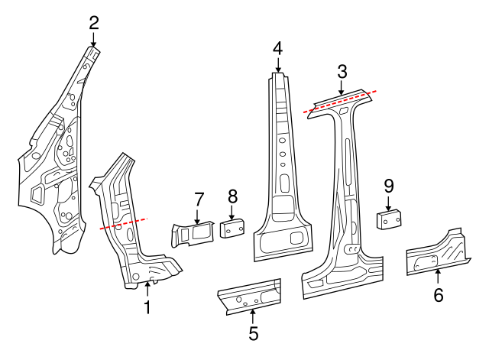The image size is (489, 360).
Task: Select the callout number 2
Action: tap(94, 21)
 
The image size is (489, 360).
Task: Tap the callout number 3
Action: tap(342, 72)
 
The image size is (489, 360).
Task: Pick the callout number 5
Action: tap(253, 332)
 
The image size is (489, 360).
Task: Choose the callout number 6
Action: tap(438, 294)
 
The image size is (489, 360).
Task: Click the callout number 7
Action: tap(198, 199)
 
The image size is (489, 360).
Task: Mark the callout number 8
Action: tap(232, 197)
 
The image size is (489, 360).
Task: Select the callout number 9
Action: tap(388, 185)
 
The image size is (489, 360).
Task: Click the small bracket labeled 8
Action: tap(232, 229)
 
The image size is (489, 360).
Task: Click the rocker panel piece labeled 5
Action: tap(249, 295)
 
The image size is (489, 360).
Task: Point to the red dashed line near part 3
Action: tap(340, 102)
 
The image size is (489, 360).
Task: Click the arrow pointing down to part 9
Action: tap(388, 204)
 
